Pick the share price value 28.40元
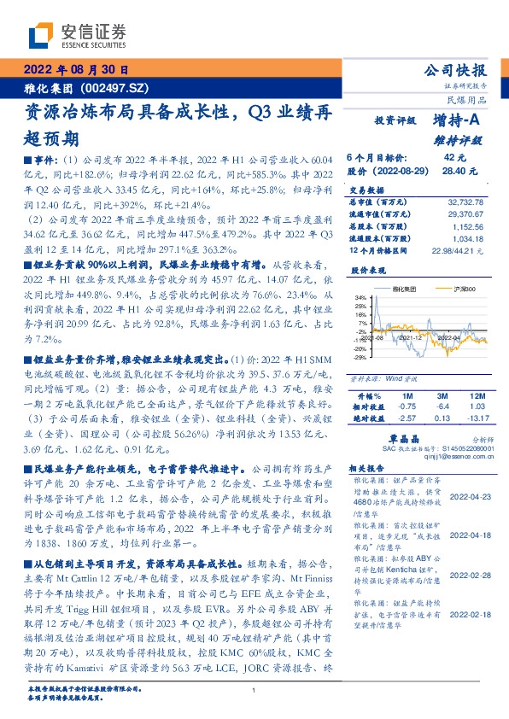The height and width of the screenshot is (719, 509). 453,171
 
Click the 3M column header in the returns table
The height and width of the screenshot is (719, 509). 441,397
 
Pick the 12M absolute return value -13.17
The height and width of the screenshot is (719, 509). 475,418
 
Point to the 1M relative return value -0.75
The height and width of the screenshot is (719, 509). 407,407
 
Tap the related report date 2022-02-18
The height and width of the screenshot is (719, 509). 470,589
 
